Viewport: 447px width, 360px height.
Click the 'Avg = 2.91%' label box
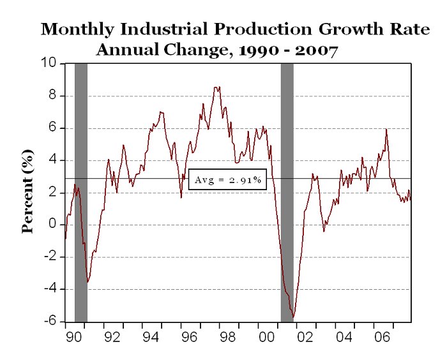point(227,180)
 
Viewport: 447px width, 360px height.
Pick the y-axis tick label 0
point(53,225)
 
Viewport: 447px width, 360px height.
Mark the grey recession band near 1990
point(81,191)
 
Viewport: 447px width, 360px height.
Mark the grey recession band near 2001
point(287,191)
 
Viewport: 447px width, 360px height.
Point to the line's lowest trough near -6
point(293,317)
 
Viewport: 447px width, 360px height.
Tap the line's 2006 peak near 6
point(386,130)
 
